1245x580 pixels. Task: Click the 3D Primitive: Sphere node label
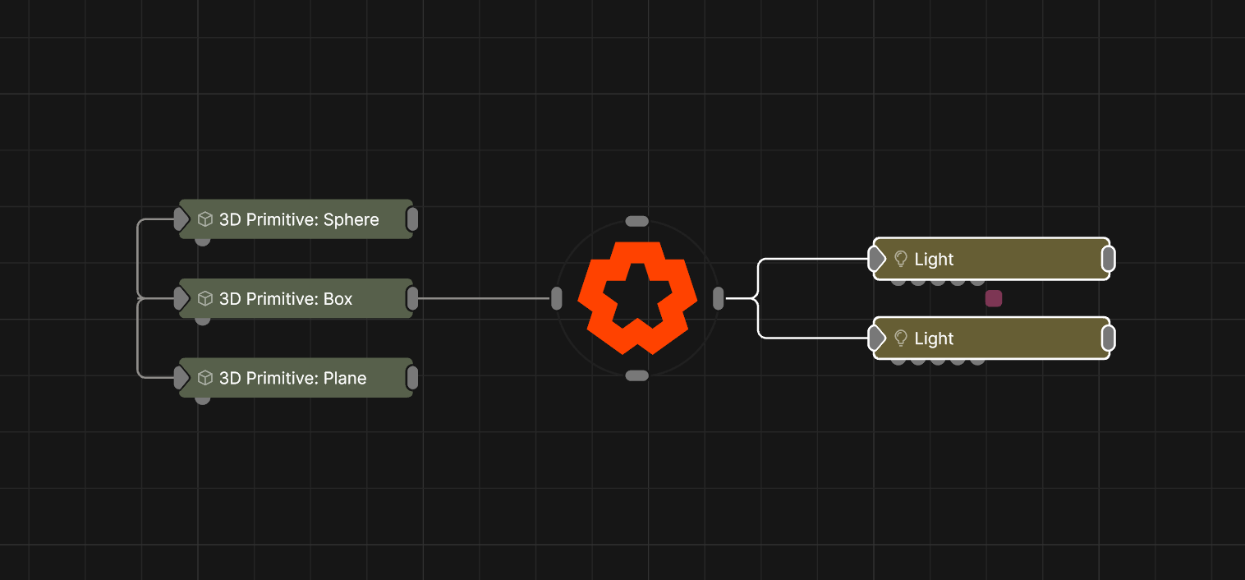(299, 219)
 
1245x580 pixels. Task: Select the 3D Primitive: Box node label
(286, 298)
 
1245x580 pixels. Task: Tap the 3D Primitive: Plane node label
(293, 378)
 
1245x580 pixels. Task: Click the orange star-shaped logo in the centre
(637, 297)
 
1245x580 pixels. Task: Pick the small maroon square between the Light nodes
(994, 298)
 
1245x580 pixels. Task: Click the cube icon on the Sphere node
(205, 219)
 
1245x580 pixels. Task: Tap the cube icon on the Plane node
(205, 378)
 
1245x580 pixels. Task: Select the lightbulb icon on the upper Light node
(901, 259)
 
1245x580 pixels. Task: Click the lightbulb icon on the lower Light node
(901, 338)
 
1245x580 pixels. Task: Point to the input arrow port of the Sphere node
(181, 219)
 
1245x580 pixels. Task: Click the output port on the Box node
(412, 298)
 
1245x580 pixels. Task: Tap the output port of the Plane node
(412, 378)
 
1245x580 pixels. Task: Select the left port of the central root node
(556, 298)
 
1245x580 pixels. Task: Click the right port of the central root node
(718, 298)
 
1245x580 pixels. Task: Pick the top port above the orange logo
(637, 221)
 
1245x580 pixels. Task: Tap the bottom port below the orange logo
(637, 376)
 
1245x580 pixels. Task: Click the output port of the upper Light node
(1109, 259)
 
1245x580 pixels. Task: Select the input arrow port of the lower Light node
(877, 338)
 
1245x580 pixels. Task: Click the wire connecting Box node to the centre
(484, 298)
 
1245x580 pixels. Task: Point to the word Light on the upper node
(934, 259)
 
